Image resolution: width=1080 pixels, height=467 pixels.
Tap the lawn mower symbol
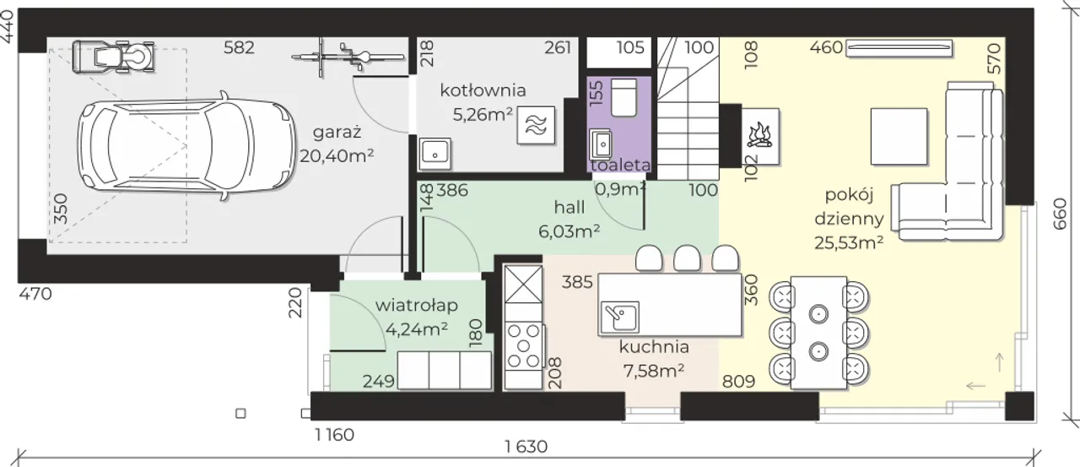(113, 58)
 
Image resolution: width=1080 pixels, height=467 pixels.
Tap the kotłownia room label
(483, 90)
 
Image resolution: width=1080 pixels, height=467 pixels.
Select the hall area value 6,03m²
(569, 231)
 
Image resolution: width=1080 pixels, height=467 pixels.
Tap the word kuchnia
(654, 347)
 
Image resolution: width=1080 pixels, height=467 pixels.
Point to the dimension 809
(738, 382)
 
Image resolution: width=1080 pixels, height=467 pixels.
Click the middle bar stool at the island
(687, 258)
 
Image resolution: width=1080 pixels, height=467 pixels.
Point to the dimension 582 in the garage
(239, 48)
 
